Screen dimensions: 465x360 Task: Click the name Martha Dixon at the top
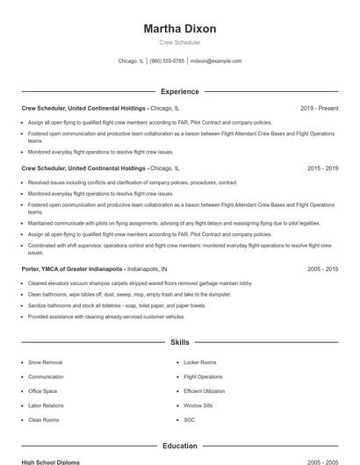(x=179, y=28)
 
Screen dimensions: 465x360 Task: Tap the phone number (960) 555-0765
(x=167, y=61)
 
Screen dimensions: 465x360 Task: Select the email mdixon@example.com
(x=216, y=61)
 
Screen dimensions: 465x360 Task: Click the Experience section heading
(x=179, y=91)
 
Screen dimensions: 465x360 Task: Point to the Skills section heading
(x=179, y=342)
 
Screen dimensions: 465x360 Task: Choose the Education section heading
(x=179, y=446)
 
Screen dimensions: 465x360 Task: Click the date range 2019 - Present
(x=319, y=108)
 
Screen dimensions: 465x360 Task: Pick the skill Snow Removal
(x=45, y=361)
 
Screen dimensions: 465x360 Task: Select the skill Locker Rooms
(x=200, y=361)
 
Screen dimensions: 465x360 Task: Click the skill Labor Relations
(x=47, y=405)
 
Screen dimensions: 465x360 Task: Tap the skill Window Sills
(x=199, y=405)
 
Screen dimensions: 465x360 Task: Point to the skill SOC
(x=189, y=419)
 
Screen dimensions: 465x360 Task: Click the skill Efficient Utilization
(x=205, y=390)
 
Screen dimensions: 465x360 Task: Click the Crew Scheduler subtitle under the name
(x=179, y=42)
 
